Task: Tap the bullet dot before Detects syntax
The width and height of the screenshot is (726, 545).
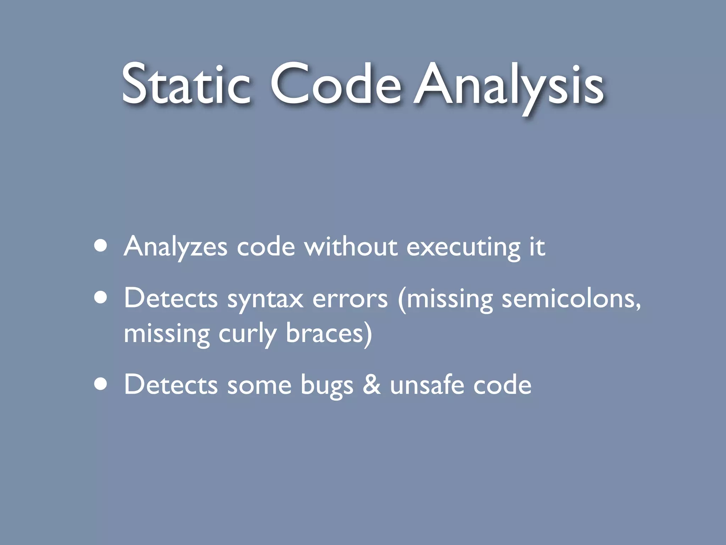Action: tap(101, 298)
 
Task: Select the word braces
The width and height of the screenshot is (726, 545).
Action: tap(324, 333)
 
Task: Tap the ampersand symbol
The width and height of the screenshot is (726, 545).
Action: tap(372, 385)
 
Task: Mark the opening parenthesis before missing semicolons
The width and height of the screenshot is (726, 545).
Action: tap(402, 299)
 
